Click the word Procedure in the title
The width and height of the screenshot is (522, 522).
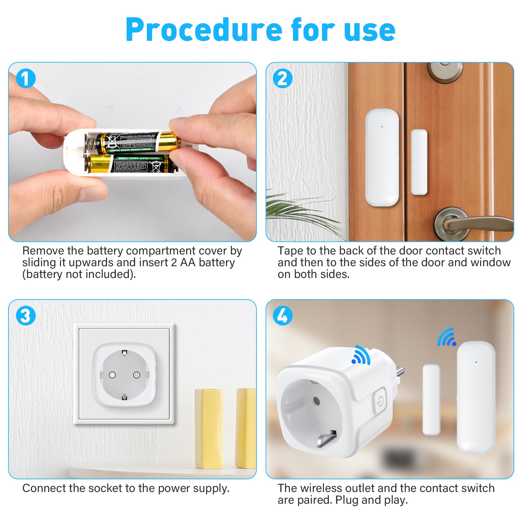tap(204, 30)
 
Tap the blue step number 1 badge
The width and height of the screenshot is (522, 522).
tap(25, 79)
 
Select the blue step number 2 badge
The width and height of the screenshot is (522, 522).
tap(283, 79)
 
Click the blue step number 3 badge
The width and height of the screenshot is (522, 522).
tap(25, 316)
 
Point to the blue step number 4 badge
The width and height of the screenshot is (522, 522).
tap(283, 316)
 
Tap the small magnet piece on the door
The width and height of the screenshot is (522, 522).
tap(419, 162)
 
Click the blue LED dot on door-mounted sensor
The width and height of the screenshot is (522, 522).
tap(382, 127)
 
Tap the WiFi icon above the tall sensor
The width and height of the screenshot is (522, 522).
tap(447, 338)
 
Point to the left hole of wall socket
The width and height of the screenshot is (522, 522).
tap(112, 375)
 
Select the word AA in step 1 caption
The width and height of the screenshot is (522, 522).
tap(188, 262)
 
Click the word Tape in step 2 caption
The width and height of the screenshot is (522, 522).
tap(290, 251)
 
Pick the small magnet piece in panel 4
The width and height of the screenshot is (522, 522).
tap(431, 400)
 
